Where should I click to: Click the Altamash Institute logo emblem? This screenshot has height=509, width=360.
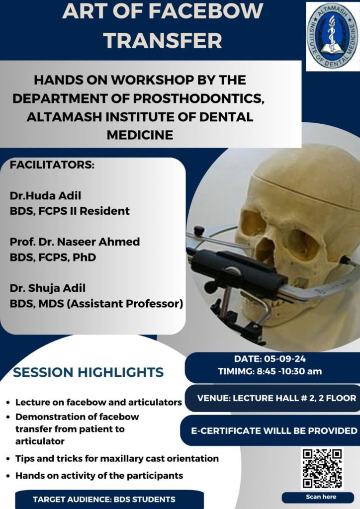(x=332, y=36)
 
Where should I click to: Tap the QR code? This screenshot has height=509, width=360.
(x=322, y=468)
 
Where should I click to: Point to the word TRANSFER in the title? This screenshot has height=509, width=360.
(x=163, y=40)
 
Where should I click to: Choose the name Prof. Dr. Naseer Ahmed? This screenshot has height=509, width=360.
(x=75, y=242)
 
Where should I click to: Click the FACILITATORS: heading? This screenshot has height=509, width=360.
(x=52, y=165)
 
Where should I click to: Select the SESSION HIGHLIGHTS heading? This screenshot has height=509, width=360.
(x=88, y=372)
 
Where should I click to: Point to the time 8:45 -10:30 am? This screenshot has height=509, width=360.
(x=288, y=371)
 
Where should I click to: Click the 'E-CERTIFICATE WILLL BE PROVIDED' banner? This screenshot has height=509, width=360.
(x=274, y=430)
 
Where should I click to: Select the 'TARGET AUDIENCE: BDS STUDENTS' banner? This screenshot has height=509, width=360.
(x=104, y=500)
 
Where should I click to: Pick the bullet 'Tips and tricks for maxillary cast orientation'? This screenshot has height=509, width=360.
(x=117, y=458)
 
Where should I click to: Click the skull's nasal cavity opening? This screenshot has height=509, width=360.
(x=264, y=252)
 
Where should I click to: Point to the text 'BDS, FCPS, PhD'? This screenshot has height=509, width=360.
(x=53, y=257)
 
